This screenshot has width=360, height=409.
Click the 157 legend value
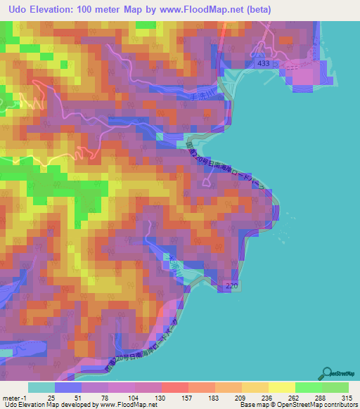click(x=187, y=397)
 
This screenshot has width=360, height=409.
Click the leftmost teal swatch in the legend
click(x=41, y=387)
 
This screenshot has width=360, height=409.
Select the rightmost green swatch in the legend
click(x=335, y=387)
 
